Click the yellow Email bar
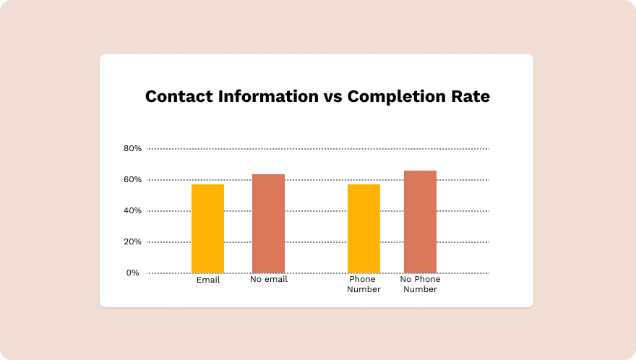click(x=207, y=228)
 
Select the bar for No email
click(x=268, y=223)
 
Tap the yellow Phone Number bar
click(x=364, y=228)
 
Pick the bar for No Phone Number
click(x=420, y=222)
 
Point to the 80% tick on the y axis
click(x=132, y=149)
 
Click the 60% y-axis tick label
click(x=132, y=180)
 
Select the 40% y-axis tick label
click(x=132, y=211)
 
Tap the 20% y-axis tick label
click(x=132, y=242)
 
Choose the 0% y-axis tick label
click(x=132, y=273)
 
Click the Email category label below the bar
click(x=208, y=280)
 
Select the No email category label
click(x=269, y=279)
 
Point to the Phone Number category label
click(x=364, y=284)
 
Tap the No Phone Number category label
click(x=421, y=284)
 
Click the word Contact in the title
click(x=175, y=97)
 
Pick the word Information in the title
click(x=259, y=97)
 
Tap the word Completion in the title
click(x=400, y=97)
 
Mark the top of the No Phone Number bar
click(x=420, y=171)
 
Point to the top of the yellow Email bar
click(x=207, y=185)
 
